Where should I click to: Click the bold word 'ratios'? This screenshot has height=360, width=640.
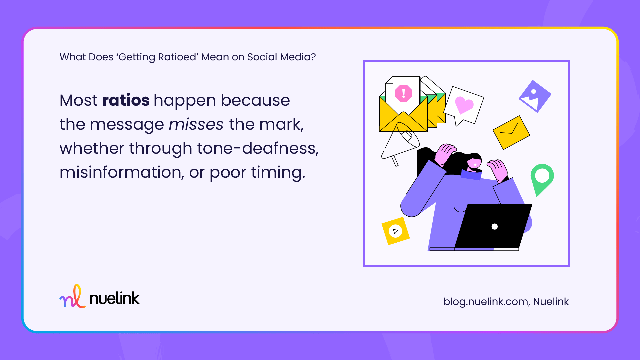coord(126,100)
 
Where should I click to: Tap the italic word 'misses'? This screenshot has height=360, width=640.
coord(196,125)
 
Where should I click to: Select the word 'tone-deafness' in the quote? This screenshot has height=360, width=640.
coord(257,148)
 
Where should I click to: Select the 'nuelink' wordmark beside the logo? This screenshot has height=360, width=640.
coord(115,298)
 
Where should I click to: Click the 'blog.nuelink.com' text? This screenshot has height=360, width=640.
coord(485,302)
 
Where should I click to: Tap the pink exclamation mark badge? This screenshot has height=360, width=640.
coord(403,93)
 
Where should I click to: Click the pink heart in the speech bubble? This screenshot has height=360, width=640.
coord(464,105)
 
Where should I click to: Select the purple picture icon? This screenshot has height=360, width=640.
coord(535,96)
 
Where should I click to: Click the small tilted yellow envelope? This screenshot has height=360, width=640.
coord(511,132)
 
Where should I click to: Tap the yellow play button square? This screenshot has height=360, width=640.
coord(395,231)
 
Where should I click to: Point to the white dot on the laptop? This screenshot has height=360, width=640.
coord(495,227)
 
